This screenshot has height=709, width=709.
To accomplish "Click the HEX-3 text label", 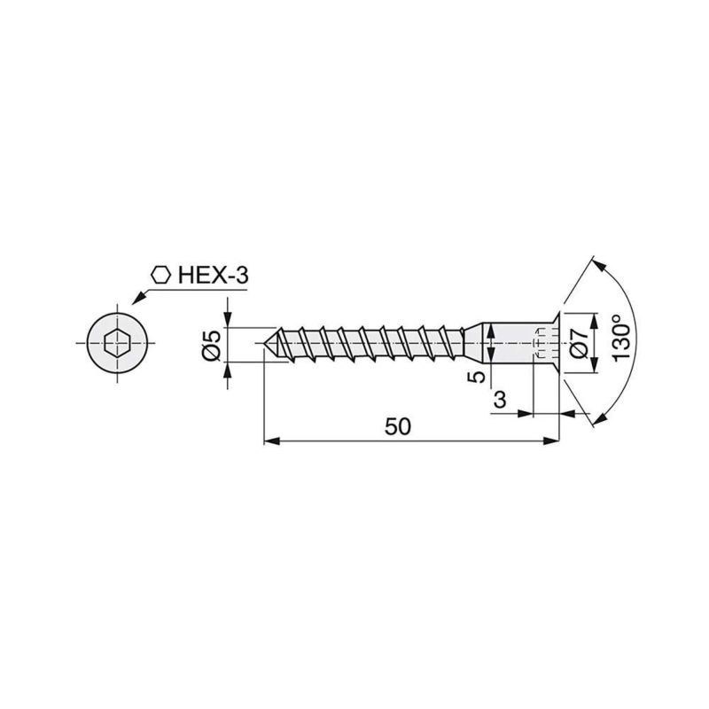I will [x=213, y=276].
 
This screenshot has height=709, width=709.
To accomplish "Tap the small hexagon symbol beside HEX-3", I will [x=160, y=275].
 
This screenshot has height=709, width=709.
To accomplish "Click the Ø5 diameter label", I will [x=211, y=343].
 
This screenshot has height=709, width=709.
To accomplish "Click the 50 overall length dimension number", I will [x=399, y=426].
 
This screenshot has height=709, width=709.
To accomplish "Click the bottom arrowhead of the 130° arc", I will [x=595, y=417].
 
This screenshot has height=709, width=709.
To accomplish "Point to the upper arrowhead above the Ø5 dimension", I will [x=230, y=321].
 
